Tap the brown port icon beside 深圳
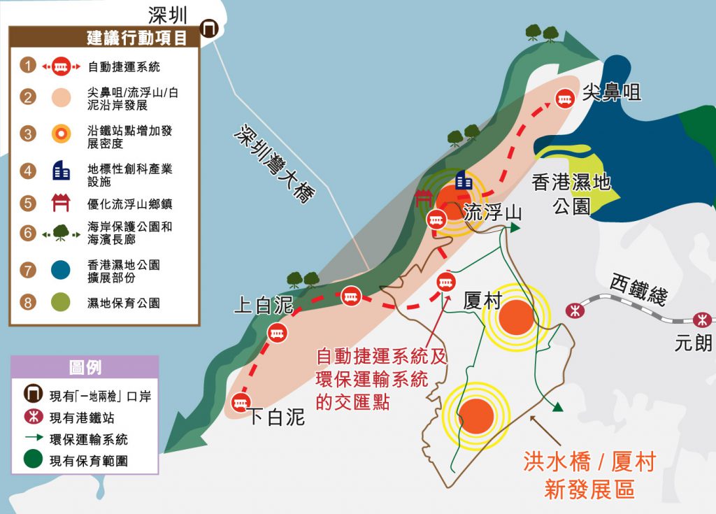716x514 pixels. click(x=208, y=28)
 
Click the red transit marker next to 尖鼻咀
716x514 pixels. click(x=564, y=100)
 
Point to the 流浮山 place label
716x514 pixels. click(x=493, y=213)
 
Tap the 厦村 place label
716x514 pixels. click(x=482, y=301)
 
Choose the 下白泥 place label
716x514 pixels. click(x=277, y=417)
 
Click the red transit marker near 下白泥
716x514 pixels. click(x=241, y=402)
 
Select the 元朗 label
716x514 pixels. click(x=694, y=343)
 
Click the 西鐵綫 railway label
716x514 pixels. click(x=638, y=287)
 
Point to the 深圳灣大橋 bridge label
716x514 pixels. click(x=272, y=164)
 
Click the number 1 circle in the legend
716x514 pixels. click(x=28, y=66)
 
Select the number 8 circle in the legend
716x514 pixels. click(x=28, y=302)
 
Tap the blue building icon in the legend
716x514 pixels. click(x=62, y=169)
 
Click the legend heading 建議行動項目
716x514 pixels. click(x=136, y=38)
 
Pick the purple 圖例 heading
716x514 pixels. click(x=85, y=367)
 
